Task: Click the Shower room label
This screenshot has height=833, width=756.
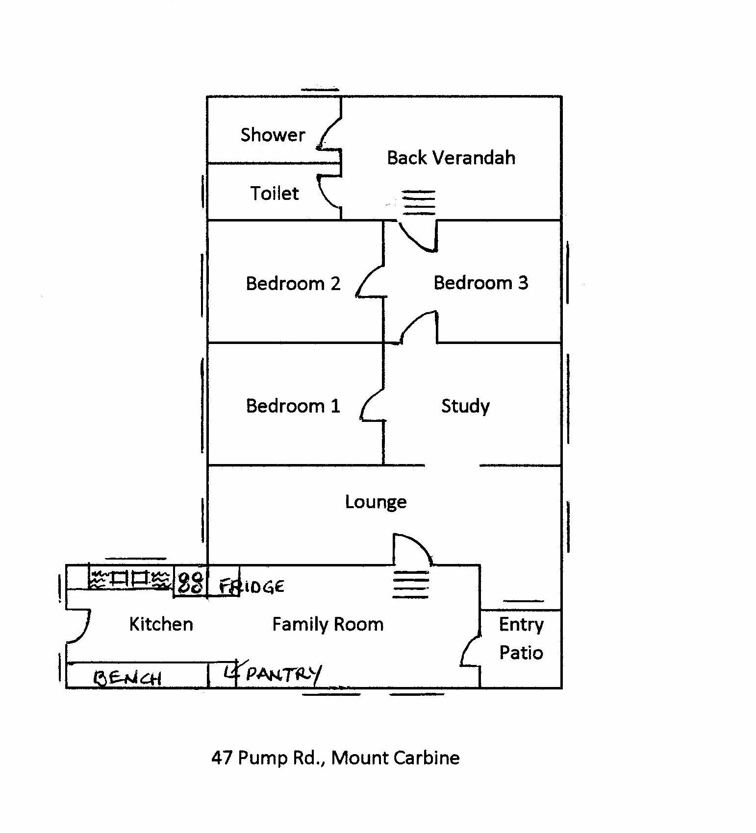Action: point(273,135)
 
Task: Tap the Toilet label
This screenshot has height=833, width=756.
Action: point(274,194)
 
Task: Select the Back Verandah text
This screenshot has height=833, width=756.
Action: point(451,158)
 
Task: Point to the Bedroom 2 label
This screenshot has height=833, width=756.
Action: point(293,284)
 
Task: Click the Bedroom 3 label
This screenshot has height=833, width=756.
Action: point(481,283)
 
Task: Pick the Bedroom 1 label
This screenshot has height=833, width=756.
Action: point(293,406)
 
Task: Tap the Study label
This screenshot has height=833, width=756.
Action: point(465,406)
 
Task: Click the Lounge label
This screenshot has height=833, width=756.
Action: point(376,502)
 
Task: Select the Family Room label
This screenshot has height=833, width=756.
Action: point(328,624)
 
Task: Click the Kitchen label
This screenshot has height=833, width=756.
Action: point(161,624)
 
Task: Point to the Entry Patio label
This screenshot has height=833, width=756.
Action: point(521,638)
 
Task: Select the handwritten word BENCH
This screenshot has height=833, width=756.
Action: point(127,678)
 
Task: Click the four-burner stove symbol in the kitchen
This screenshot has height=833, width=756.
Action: point(189,582)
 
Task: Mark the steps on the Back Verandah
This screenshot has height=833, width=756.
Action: point(419,202)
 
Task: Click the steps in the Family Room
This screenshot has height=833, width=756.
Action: point(411,584)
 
